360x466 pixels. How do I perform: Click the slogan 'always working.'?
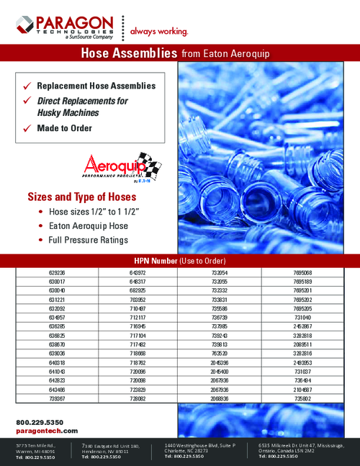159,31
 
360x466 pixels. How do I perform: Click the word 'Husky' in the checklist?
51,113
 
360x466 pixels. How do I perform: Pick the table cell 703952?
138,297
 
